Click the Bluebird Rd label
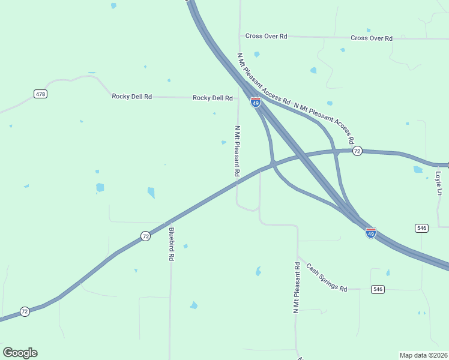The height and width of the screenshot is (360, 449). [x=171, y=244]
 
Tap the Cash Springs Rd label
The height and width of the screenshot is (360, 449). [x=327, y=277]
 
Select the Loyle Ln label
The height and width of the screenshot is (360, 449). [x=438, y=184]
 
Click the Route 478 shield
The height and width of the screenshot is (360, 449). [x=40, y=94]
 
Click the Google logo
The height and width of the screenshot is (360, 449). [x=20, y=353]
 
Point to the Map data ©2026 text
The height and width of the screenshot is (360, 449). [x=423, y=355]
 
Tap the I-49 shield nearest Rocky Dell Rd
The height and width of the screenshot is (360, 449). [x=256, y=103]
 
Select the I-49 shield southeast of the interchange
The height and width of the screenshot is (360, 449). [x=371, y=233]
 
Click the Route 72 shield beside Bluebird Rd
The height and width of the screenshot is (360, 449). [x=146, y=236]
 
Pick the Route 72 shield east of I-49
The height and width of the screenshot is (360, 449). [x=357, y=151]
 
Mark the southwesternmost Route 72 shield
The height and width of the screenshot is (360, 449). [x=25, y=311]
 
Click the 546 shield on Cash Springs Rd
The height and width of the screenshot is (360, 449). [x=377, y=289]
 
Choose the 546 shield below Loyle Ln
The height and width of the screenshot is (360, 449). [x=421, y=228]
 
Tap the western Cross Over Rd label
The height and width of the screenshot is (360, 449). [x=267, y=36]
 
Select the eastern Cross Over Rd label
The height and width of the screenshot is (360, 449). [x=372, y=38]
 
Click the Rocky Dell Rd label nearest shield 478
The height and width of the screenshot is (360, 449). [x=131, y=96]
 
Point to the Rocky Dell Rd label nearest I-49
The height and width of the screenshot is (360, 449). [x=212, y=98]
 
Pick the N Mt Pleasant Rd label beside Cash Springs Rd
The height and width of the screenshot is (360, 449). [x=296, y=287]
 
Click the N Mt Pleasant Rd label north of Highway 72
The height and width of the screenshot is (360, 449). [x=238, y=151]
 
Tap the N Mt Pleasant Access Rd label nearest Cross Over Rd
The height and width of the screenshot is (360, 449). [x=264, y=78]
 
